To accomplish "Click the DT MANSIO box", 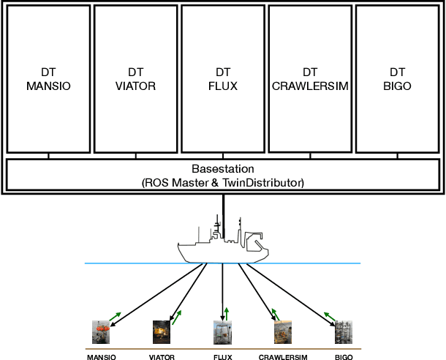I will coord(49,79).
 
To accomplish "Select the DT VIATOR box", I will coord(135,79).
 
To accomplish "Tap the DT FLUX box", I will coord(223,79).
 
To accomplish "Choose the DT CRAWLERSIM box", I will coord(310,79).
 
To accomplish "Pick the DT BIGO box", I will coord(397,79).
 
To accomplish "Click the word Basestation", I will coord(223,168).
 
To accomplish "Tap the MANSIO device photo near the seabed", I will coord(102,332).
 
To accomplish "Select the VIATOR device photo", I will coord(161,332).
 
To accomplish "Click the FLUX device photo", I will coord(223,332).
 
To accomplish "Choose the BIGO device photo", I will coord(344,332).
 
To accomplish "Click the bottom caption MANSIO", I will coord(102,357).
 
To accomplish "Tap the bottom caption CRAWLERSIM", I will coord(283,357).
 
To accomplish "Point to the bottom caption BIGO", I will coord(344,357).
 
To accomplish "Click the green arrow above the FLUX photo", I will coord(227,315).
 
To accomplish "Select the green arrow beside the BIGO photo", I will coord(331,315).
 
